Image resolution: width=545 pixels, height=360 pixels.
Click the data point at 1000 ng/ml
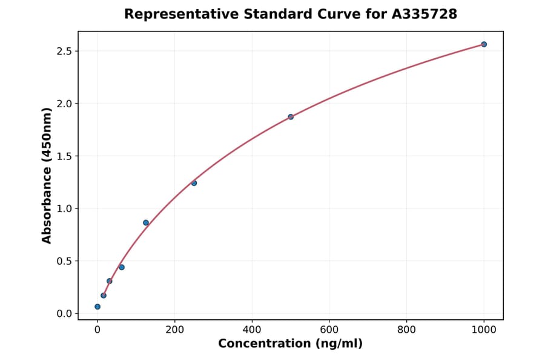(484, 44)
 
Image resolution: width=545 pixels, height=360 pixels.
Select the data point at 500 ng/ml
(291, 117)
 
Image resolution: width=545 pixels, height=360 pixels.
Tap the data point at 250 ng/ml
(194, 183)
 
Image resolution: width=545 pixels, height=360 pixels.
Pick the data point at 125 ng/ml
(146, 222)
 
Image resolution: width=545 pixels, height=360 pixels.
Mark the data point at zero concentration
(97, 307)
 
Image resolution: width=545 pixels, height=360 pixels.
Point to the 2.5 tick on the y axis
(65, 51)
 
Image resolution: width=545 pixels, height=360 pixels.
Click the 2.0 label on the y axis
(65, 104)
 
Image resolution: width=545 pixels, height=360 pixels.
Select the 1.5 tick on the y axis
(65, 156)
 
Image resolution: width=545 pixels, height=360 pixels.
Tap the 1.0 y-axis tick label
(65, 208)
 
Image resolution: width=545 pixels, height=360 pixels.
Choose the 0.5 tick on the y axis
(65, 261)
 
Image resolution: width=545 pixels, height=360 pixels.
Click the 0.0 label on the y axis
(65, 314)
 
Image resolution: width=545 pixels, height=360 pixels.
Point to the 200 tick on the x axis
(174, 329)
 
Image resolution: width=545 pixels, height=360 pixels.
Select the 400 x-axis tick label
(252, 329)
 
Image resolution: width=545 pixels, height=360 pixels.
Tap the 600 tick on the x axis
(329, 329)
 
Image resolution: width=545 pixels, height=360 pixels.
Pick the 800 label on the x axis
(406, 329)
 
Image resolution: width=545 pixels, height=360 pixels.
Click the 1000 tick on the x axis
(484, 329)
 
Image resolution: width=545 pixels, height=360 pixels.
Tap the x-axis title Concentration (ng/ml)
(290, 344)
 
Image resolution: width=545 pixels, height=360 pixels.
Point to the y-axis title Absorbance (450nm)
(47, 175)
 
